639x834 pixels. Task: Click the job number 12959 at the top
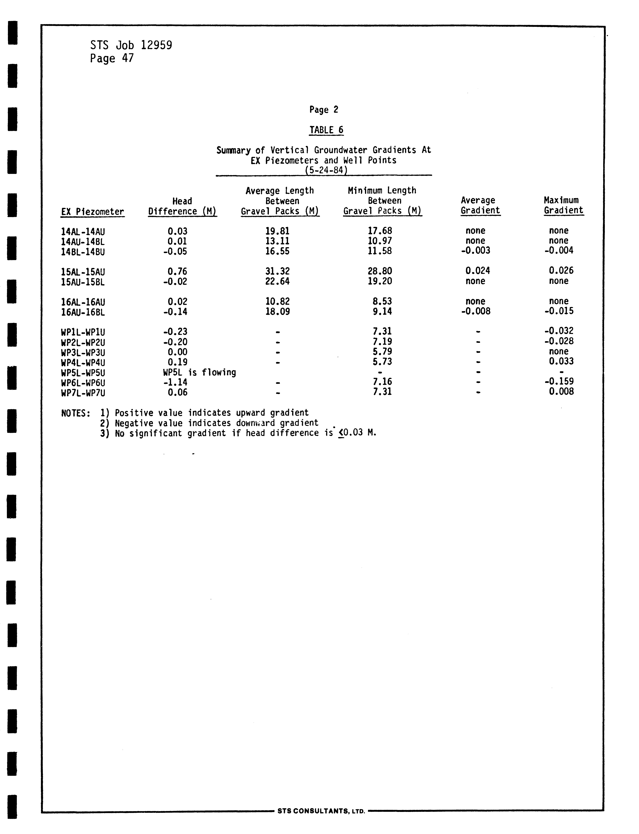(156, 45)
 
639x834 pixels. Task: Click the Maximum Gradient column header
(563, 205)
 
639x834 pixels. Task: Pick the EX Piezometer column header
(92, 212)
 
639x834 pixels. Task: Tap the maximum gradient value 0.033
(561, 361)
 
